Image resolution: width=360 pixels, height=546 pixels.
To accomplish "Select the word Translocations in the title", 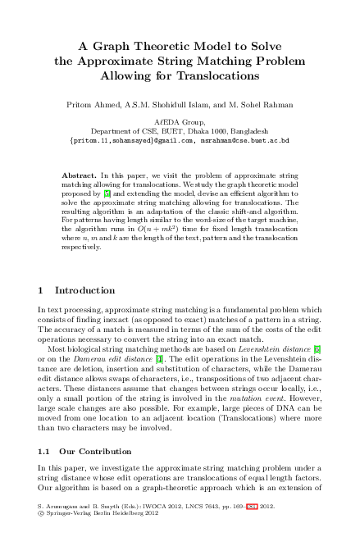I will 225,75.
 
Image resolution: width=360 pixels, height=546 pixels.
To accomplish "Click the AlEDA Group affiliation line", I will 179,121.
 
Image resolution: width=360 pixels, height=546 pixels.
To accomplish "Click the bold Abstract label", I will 80,176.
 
